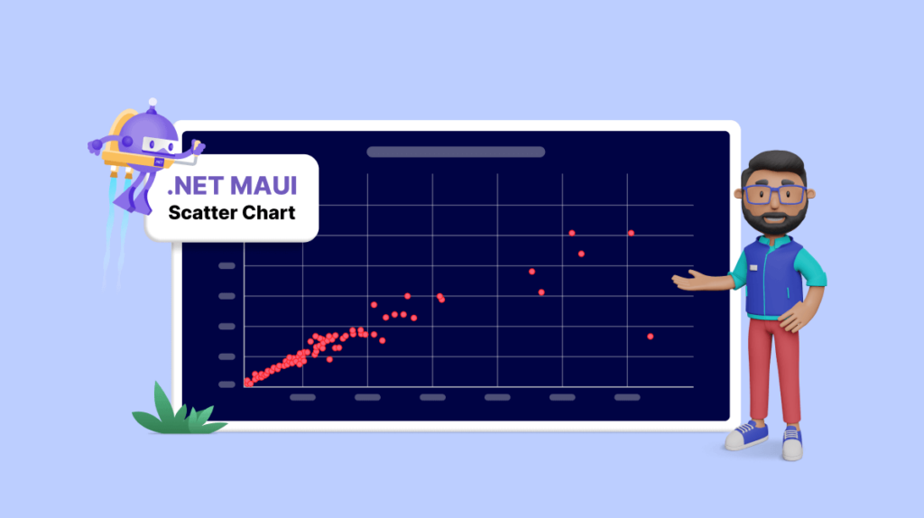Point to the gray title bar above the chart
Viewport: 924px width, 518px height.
click(x=456, y=152)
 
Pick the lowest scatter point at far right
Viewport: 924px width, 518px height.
click(x=650, y=337)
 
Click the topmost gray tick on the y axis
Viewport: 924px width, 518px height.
click(x=226, y=265)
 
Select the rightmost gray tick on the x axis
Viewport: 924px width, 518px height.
click(x=626, y=397)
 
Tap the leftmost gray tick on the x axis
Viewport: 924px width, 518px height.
click(x=302, y=397)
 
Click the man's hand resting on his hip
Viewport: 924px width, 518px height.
click(x=794, y=318)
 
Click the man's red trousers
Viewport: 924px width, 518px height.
click(x=774, y=370)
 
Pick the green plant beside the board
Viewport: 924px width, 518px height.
click(x=171, y=412)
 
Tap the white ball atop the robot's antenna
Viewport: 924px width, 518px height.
click(x=152, y=102)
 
